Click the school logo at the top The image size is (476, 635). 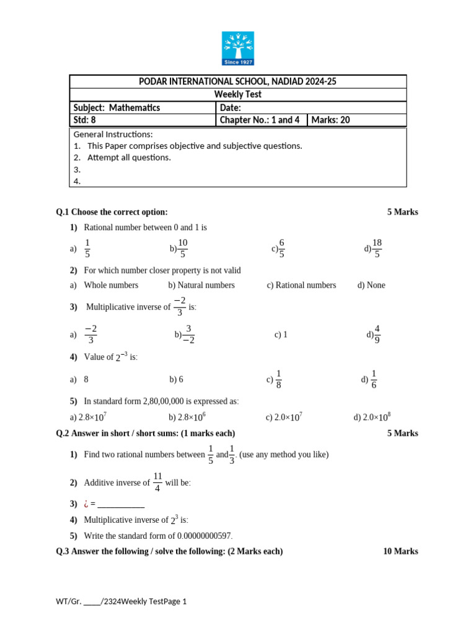pos(238,48)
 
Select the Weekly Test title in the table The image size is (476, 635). pos(238,94)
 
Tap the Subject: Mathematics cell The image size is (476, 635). pos(117,108)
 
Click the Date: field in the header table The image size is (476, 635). pos(230,108)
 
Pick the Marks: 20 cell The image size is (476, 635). pos(331,120)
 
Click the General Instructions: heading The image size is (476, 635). pos(113,135)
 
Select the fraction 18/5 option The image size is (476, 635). pos(377,248)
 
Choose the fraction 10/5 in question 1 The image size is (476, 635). pos(183,248)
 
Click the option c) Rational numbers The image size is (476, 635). pos(302,285)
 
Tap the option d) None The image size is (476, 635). pos(371,285)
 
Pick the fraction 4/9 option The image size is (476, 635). pos(377,334)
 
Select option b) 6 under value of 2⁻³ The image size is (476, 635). pos(177,380)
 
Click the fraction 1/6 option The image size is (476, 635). pos(373,380)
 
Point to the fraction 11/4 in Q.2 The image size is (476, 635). pos(157,482)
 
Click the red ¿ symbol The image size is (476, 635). pos(86,504)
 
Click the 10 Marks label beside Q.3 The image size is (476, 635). pos(401,551)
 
